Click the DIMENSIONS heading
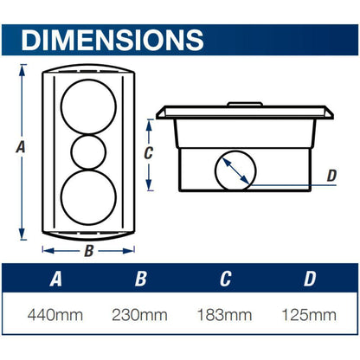[x=112, y=40]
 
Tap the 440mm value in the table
[x=55, y=315]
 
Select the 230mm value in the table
[x=139, y=315]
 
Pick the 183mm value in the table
[x=224, y=315]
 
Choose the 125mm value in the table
[x=309, y=315]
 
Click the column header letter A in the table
[x=55, y=279]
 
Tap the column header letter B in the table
[x=141, y=279]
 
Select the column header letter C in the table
[x=225, y=279]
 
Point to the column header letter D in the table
[x=310, y=279]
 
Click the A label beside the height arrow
[x=21, y=147]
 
